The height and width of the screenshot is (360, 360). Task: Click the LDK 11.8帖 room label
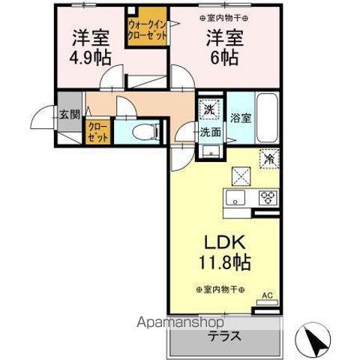(x=223, y=253)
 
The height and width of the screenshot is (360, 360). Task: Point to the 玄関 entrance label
(x=70, y=115)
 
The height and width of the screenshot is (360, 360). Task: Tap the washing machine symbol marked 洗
(x=211, y=109)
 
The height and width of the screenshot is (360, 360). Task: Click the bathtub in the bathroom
(x=268, y=118)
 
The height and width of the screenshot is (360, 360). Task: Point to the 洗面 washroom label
(x=211, y=133)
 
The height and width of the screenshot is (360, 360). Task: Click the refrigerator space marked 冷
(x=268, y=159)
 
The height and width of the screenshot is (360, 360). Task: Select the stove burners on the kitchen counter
(x=268, y=199)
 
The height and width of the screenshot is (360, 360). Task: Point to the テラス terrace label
(x=225, y=336)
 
